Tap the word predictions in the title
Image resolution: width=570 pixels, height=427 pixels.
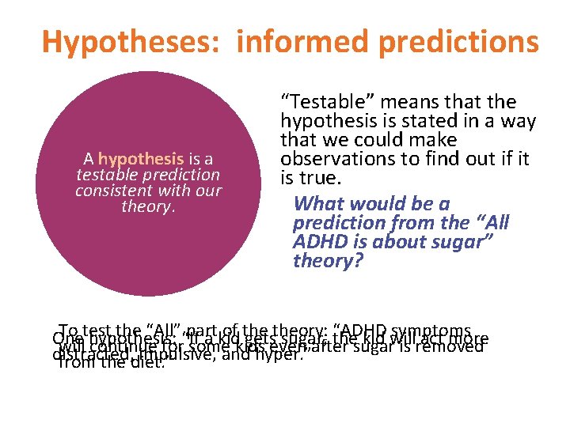pos(461,41)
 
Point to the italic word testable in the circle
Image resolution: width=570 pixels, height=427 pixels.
pos(106,174)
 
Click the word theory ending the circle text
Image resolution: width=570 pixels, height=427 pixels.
pos(147,206)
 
